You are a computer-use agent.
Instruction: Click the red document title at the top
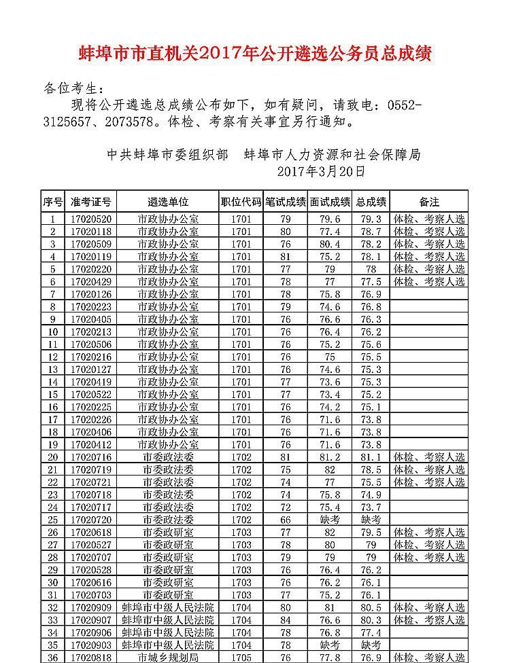pyautogui.click(x=256, y=54)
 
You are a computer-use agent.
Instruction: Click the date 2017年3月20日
pyautogui.click(x=322, y=172)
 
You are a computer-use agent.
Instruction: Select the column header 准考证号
pyautogui.click(x=90, y=202)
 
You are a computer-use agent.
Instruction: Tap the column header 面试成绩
pyautogui.click(x=330, y=202)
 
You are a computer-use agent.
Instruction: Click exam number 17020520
pyautogui.click(x=90, y=219)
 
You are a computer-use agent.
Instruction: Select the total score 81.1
pyautogui.click(x=371, y=457)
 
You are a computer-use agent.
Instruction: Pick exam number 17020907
pyautogui.click(x=90, y=620)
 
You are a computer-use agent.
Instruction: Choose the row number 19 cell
pyautogui.click(x=53, y=444)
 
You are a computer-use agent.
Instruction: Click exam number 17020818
pyautogui.click(x=90, y=658)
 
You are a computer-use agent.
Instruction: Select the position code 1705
pyautogui.click(x=241, y=658)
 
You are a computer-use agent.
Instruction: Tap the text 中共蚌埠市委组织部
pyautogui.click(x=168, y=155)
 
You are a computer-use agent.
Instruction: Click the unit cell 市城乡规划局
pyautogui.click(x=168, y=658)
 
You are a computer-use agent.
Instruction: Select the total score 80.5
pyautogui.click(x=371, y=607)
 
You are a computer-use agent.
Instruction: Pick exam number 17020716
pyautogui.click(x=90, y=457)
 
